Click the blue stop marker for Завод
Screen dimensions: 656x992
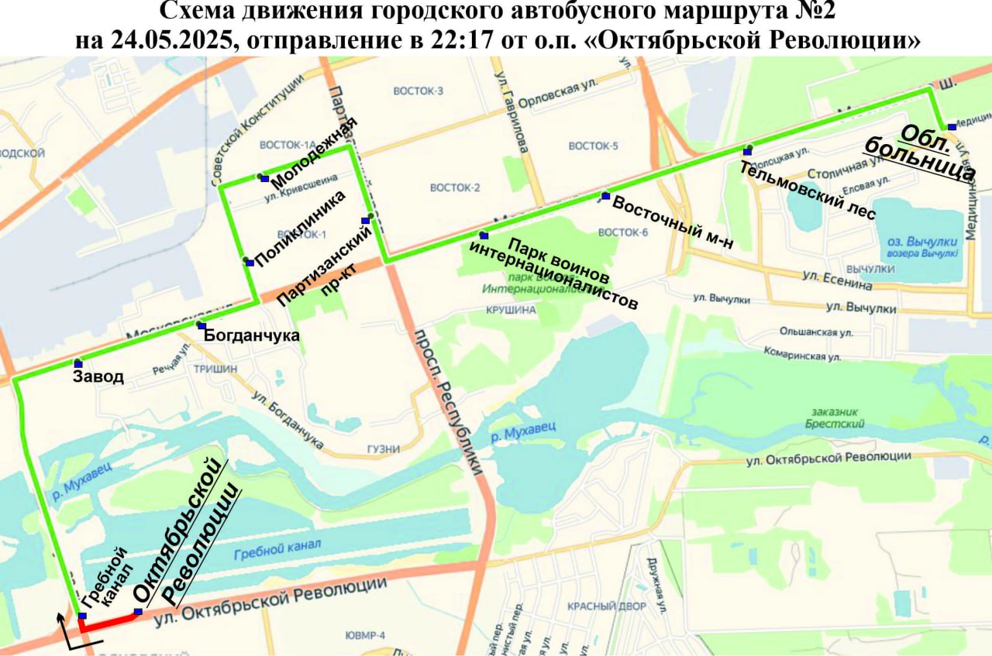(78, 363)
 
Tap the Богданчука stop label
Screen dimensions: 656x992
(251, 335)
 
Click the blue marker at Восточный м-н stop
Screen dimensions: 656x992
(606, 196)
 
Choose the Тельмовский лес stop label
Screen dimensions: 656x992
(807, 190)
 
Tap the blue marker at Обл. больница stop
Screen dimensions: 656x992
(952, 127)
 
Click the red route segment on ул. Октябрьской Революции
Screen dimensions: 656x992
(108, 622)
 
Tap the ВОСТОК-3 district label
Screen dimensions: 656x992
(418, 91)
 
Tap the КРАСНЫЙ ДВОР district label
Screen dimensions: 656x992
(606, 606)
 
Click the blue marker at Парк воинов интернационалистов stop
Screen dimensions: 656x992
(484, 235)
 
